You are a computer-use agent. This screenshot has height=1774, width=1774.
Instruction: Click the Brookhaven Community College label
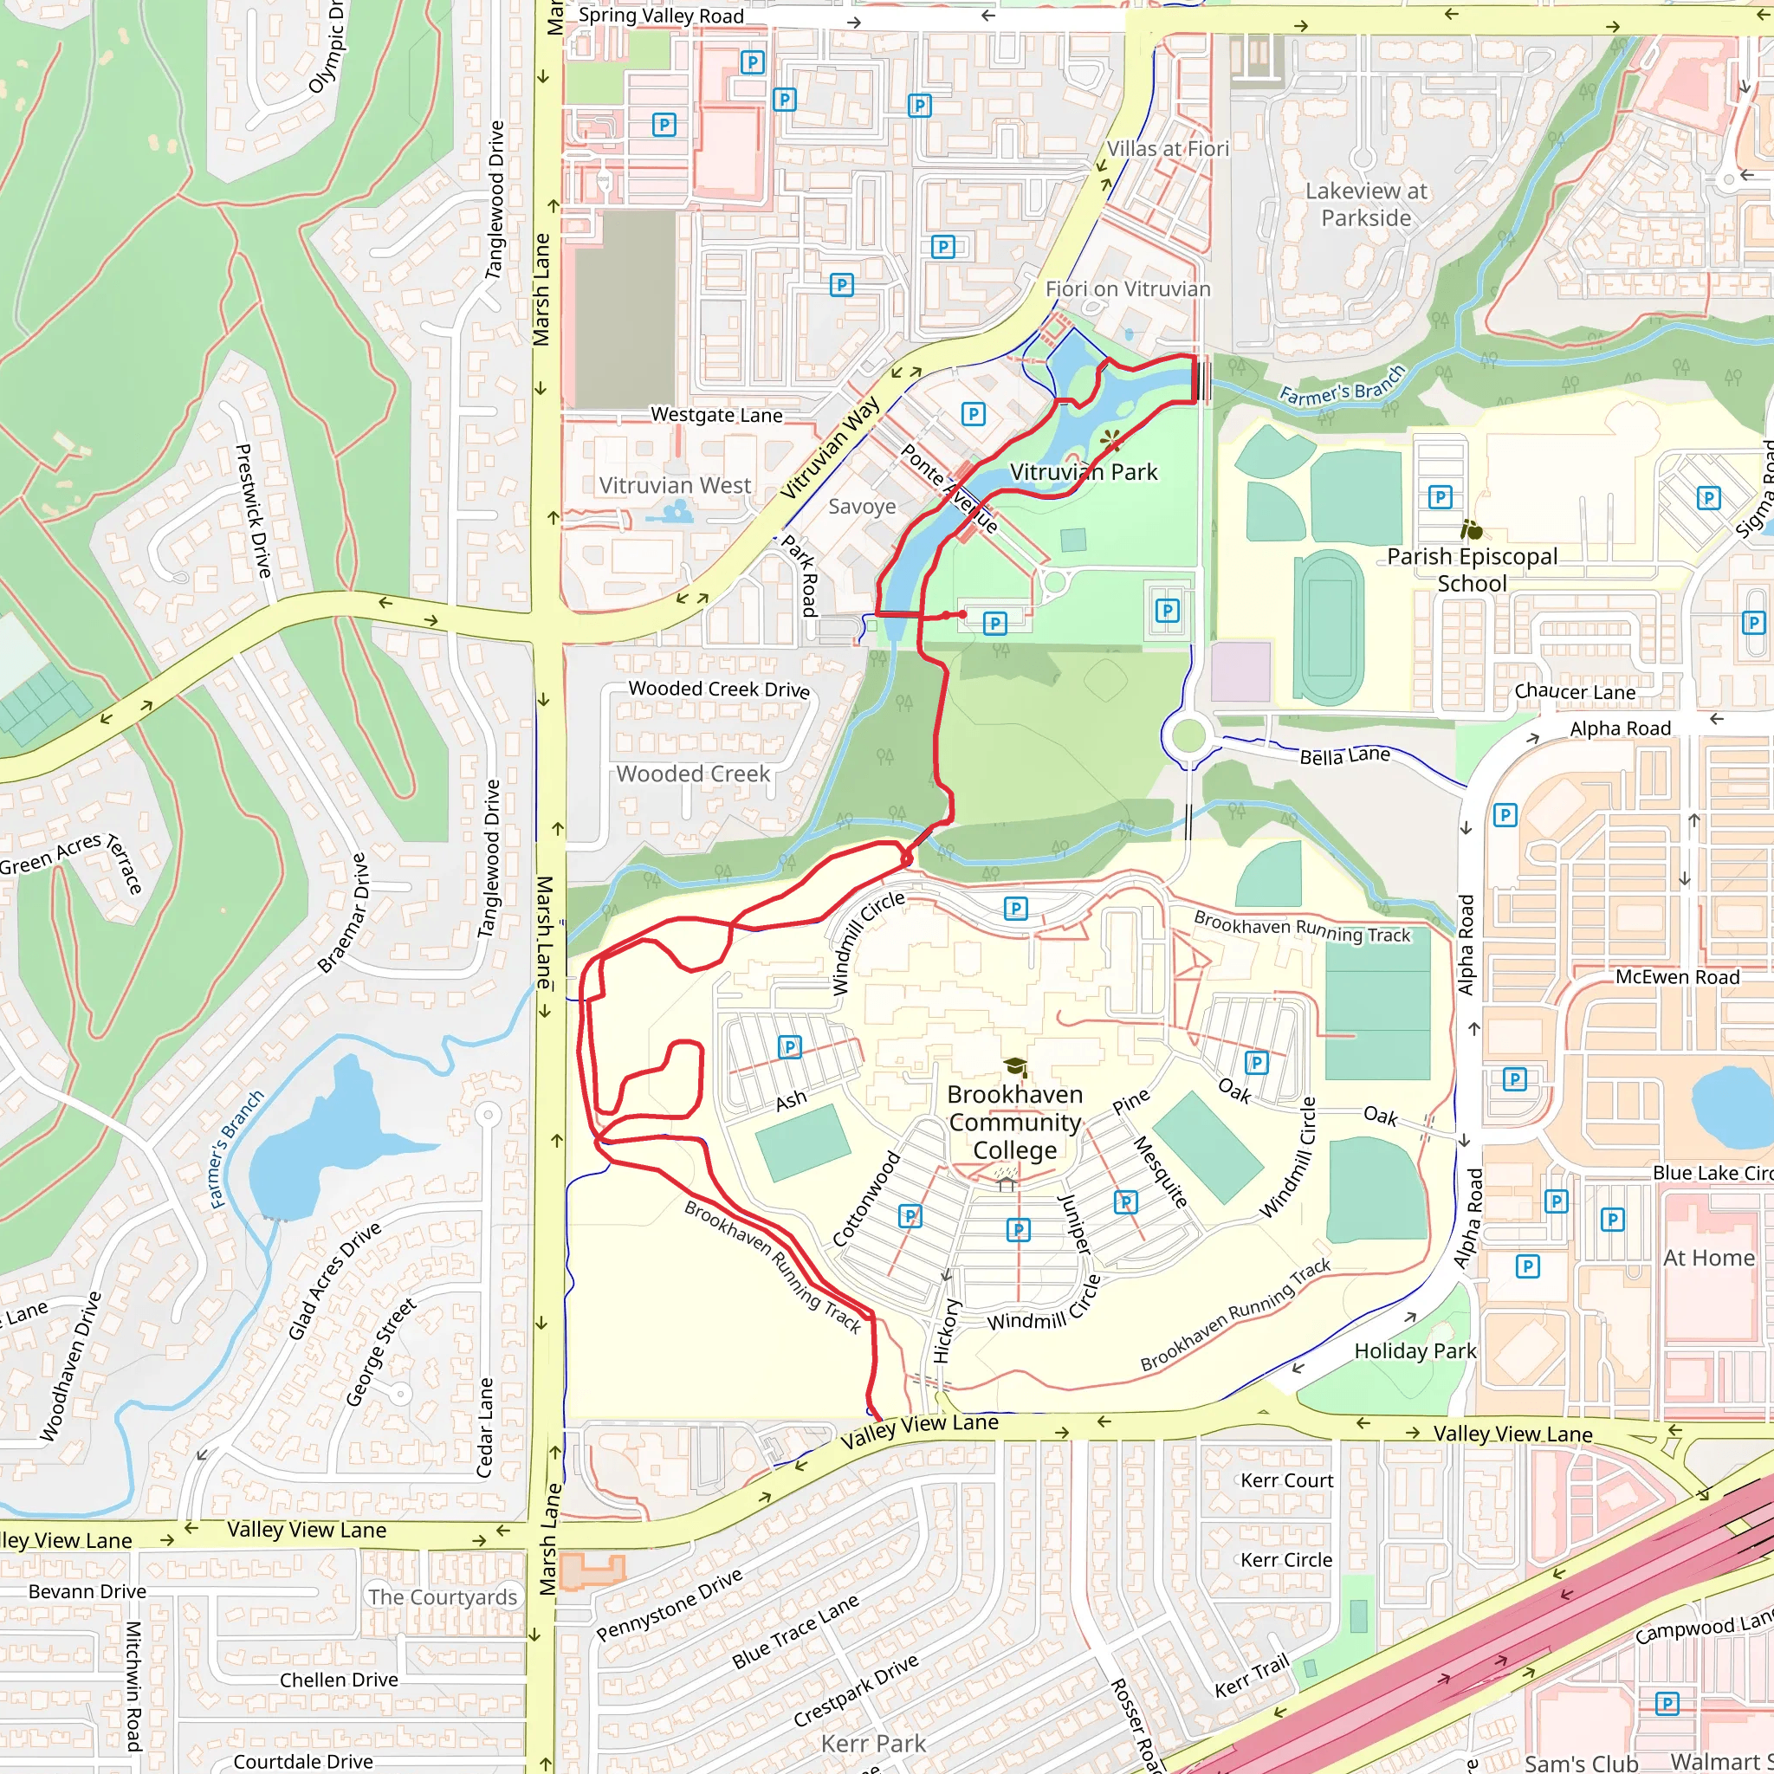(1014, 1122)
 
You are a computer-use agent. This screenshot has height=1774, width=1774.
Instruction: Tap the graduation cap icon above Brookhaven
(1014, 1067)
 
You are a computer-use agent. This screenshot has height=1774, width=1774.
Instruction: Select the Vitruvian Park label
(1084, 472)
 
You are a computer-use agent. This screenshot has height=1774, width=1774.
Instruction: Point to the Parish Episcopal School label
(1472, 569)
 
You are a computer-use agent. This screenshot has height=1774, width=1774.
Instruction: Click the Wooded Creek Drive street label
(719, 689)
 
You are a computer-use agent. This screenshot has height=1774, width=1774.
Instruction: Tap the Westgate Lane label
(716, 415)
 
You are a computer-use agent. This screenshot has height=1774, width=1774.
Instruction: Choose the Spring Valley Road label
(661, 16)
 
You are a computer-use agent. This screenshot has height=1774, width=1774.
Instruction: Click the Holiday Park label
(1415, 1350)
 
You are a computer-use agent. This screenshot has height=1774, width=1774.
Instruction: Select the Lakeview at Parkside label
(1366, 204)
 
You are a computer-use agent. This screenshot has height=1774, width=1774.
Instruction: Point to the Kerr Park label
(873, 1744)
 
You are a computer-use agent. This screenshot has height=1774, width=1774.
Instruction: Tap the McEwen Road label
(1677, 977)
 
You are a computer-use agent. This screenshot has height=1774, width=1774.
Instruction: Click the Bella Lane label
(1344, 755)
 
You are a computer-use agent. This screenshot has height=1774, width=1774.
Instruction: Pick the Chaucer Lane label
(1575, 692)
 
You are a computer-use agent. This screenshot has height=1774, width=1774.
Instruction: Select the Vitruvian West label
(675, 485)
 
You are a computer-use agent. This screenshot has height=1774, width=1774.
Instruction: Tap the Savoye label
(861, 506)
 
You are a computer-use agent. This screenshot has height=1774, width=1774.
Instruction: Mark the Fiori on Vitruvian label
(1128, 289)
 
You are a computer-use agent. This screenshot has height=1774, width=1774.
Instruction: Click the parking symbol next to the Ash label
(790, 1046)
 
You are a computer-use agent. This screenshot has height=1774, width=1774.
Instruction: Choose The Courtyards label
(443, 1596)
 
